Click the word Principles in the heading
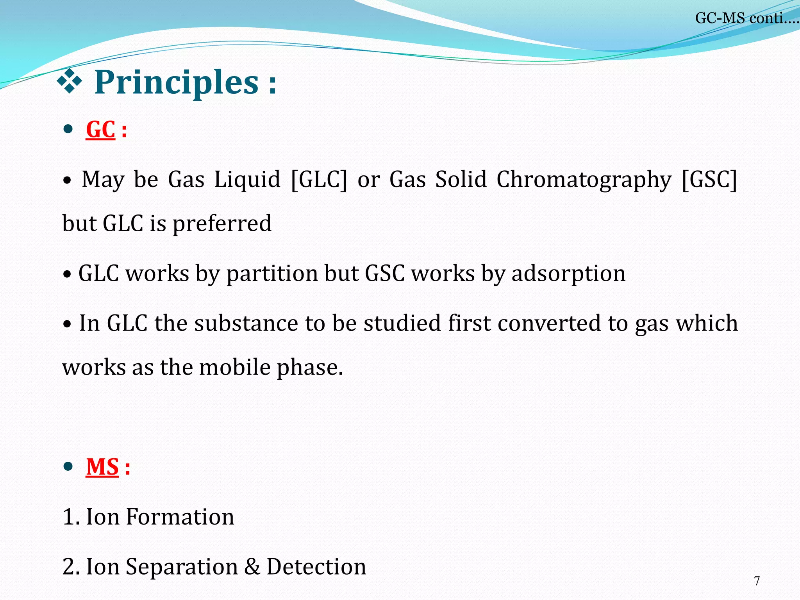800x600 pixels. coord(177,82)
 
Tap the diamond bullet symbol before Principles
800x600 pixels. coord(70,81)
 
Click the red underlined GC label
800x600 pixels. coord(100,130)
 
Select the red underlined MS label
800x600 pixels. coord(102,467)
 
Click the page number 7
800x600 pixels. coord(757,581)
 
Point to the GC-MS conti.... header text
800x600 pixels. coord(746,18)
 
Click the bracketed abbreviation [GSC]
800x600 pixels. coord(709,180)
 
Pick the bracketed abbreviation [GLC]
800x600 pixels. coord(319,180)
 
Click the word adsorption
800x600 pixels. coord(568,274)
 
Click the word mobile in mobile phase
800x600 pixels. coord(234,368)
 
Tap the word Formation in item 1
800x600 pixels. coord(180,517)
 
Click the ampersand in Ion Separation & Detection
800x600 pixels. coord(252,567)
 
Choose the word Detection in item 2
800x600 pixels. coord(316,567)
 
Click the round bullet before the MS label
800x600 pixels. coord(68,466)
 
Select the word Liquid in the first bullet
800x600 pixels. coord(247,180)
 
